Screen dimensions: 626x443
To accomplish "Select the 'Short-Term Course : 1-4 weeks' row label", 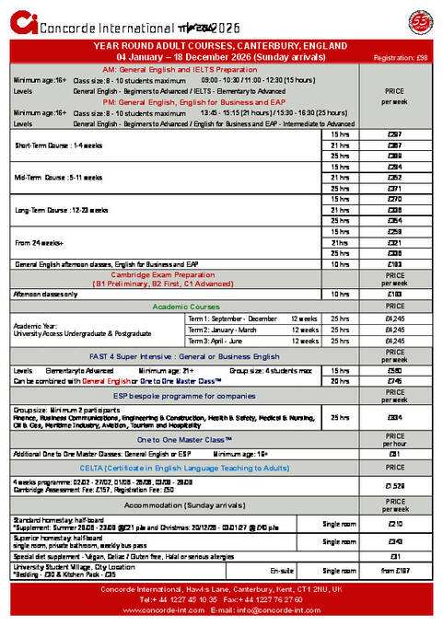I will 57,145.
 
